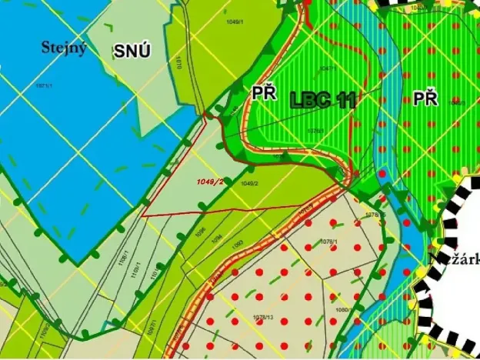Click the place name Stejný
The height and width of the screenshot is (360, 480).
coord(64,48)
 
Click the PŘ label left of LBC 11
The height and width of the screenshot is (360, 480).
coord(264,93)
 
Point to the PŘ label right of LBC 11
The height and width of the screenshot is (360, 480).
coord(425,98)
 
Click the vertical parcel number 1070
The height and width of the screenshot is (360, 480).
coord(178,61)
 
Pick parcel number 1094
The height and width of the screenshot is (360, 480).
coord(217,238)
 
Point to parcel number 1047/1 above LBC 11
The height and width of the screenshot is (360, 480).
coord(326,69)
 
